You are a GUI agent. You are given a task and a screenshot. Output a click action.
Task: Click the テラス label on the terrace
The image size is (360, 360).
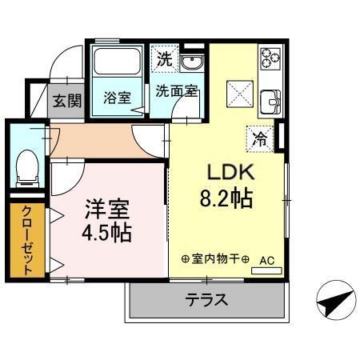pos(207,301)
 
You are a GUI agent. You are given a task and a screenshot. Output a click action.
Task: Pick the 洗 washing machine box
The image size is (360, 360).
pos(164,58)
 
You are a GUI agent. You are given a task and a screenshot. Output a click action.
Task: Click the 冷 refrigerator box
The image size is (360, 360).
pos(260,137)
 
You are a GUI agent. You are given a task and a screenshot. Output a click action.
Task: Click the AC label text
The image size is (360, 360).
pos(266,260)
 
